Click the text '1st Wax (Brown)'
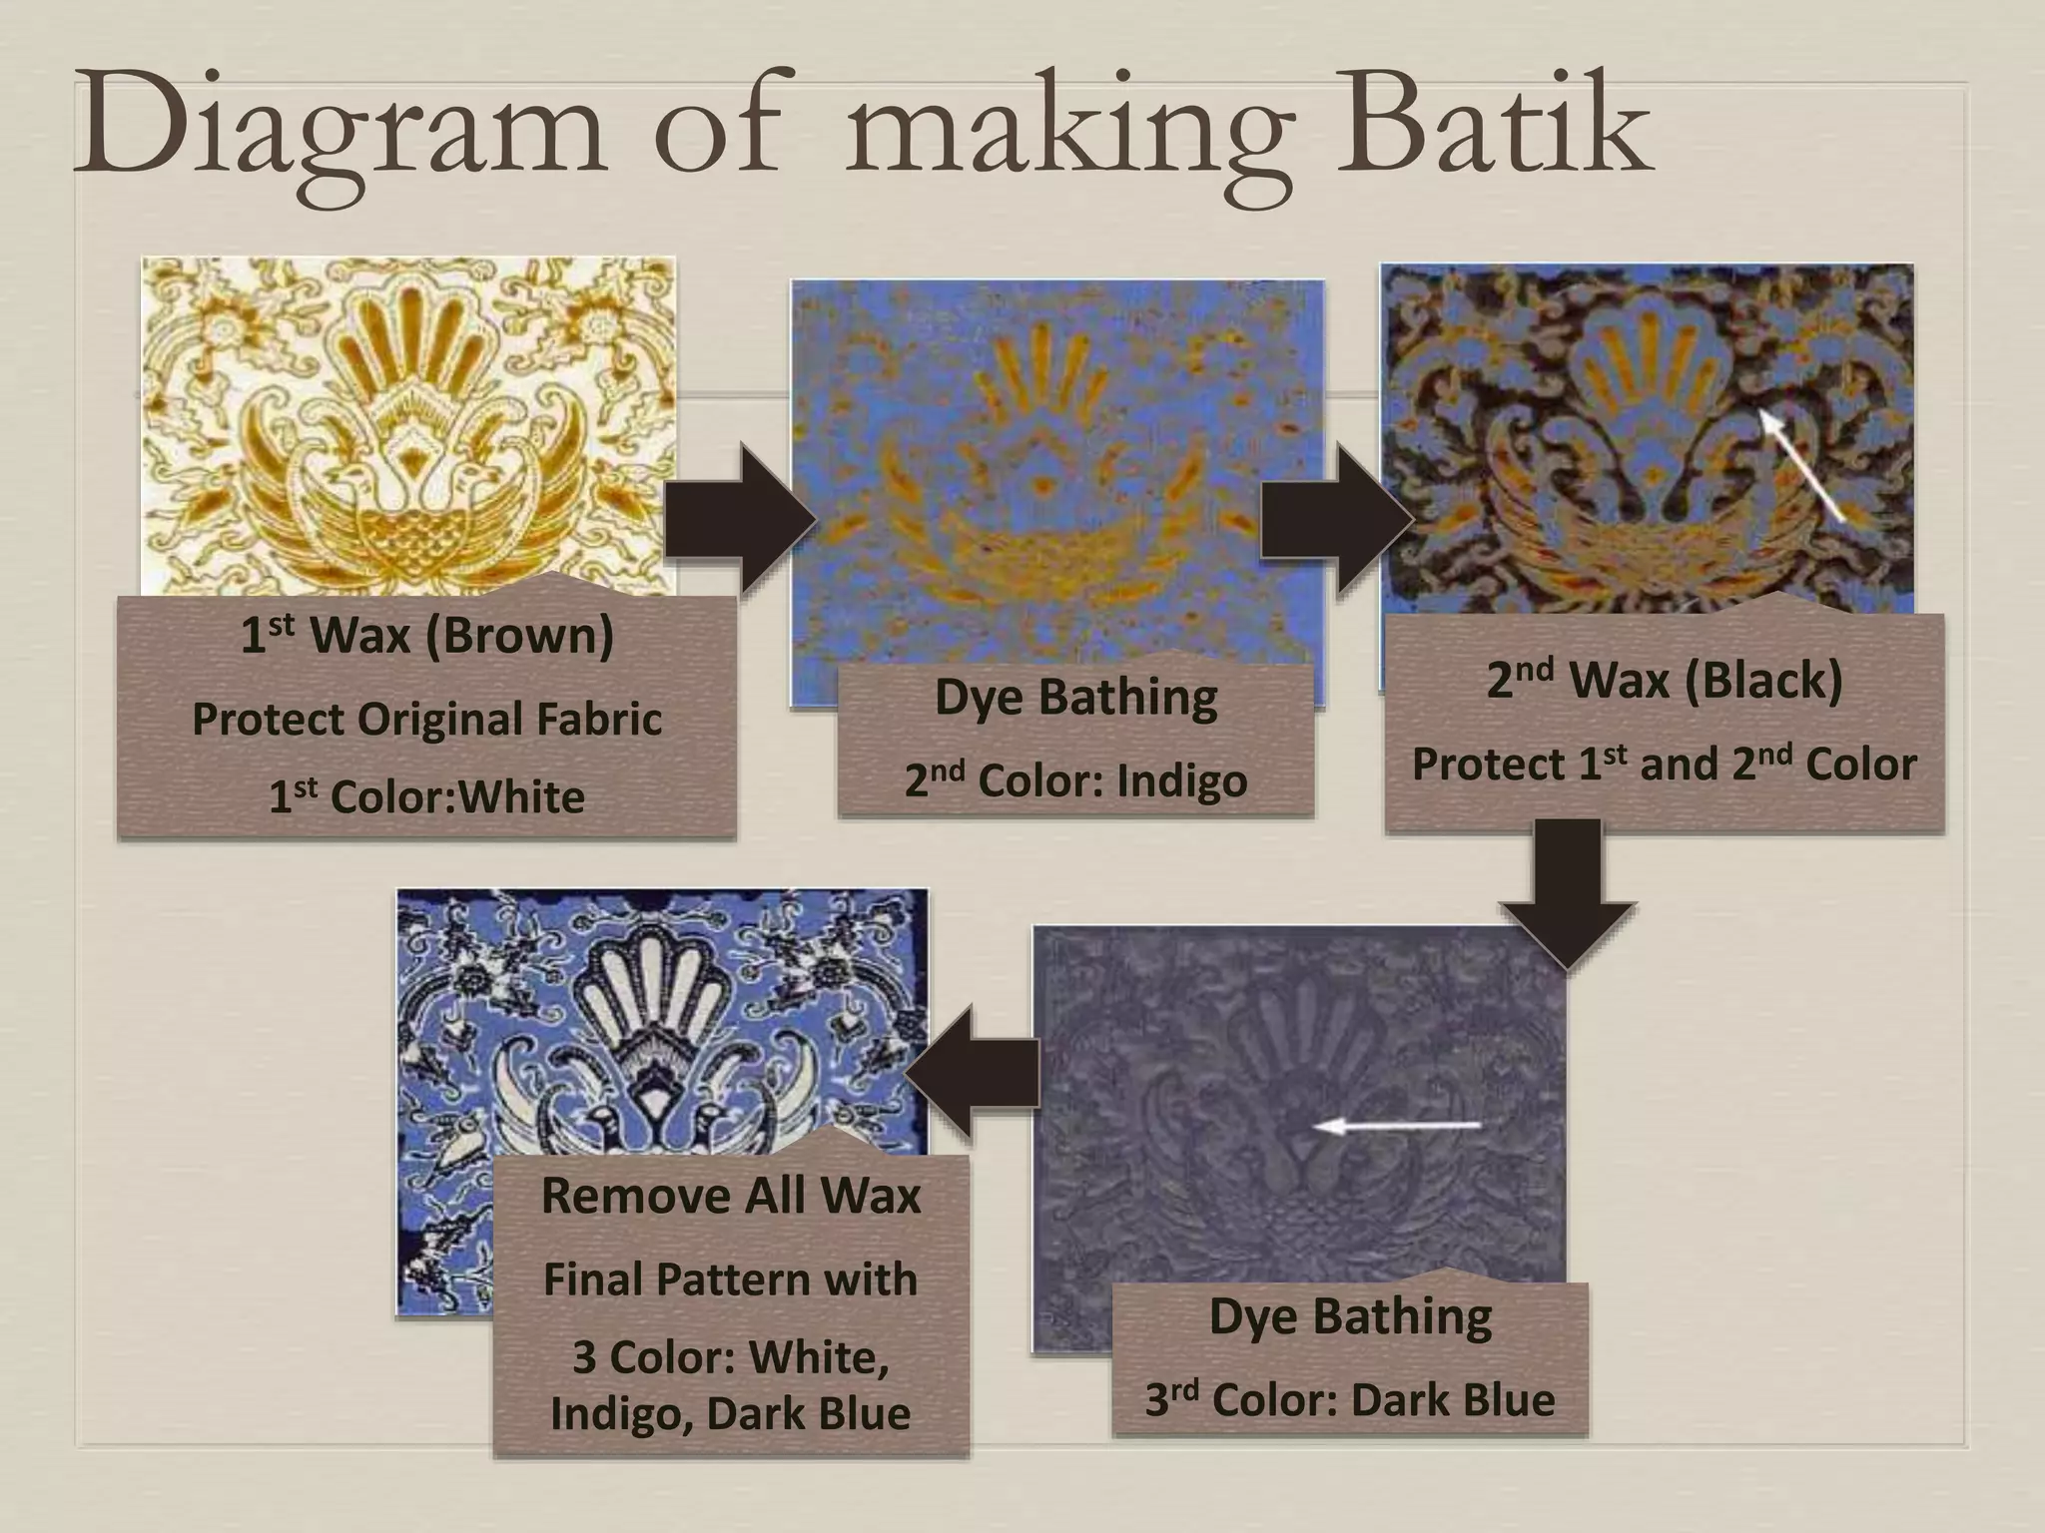[x=426, y=636]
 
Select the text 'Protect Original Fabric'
[x=426, y=719]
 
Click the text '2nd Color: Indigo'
[x=1075, y=780]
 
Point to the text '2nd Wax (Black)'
[x=1664, y=681]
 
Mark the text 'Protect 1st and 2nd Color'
[x=1664, y=765]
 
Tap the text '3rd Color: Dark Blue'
[x=1349, y=1399]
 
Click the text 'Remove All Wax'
[x=731, y=1196]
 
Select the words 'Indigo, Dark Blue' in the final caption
[x=731, y=1413]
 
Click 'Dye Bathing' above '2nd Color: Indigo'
[x=1075, y=698]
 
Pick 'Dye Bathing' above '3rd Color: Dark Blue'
[x=1349, y=1316]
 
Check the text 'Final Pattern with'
[x=731, y=1279]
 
